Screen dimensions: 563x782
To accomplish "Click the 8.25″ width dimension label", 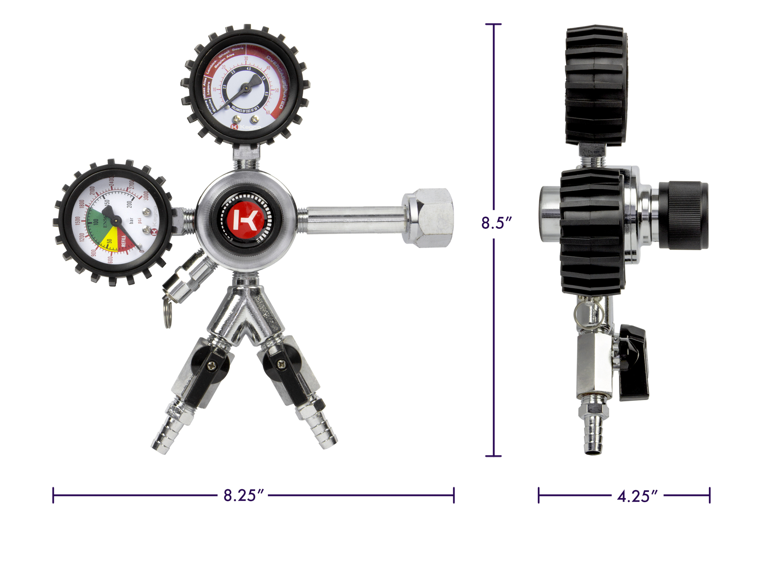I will tap(243, 495).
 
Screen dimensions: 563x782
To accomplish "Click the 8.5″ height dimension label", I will tap(496, 223).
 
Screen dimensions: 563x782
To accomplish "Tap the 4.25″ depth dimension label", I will tap(637, 496).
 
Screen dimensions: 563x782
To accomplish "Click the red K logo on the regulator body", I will tap(245, 220).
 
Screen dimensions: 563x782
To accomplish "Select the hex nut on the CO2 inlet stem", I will tap(428, 218).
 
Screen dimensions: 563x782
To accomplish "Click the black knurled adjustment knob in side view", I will tap(683, 215).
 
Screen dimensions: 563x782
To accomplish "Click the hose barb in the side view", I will tap(593, 434).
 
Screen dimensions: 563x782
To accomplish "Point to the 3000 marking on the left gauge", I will tap(146, 195).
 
